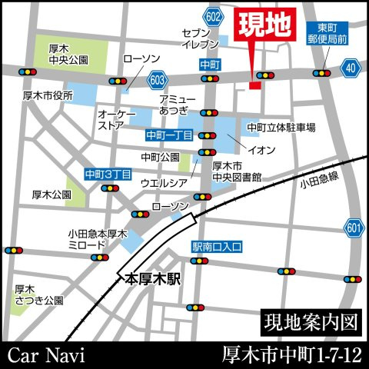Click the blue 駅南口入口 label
[x=217, y=247]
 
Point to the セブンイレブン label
[x=200, y=39]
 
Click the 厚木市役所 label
[x=48, y=96]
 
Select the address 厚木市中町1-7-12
[x=291, y=354]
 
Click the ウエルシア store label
[x=163, y=184]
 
